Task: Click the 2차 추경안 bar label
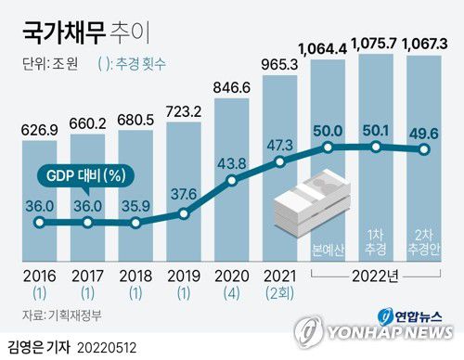424,243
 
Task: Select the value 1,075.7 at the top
377,44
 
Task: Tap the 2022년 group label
377,276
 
